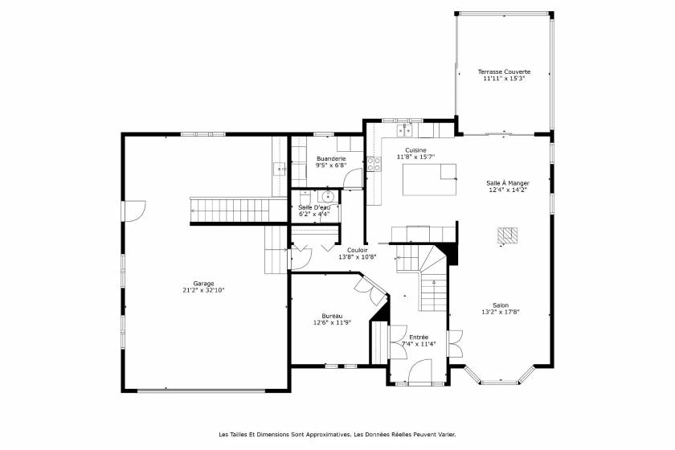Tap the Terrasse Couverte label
pyautogui.click(x=504, y=72)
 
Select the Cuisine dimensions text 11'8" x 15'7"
pyautogui.click(x=415, y=157)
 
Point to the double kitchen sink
pyautogui.click(x=404, y=129)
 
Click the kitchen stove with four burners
pyautogui.click(x=374, y=164)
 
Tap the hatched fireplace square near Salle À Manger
pyautogui.click(x=507, y=235)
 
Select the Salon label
pyautogui.click(x=500, y=305)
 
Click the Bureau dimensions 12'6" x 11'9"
pyautogui.click(x=330, y=323)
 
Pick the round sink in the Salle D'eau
pyautogui.click(x=328, y=196)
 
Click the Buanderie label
pyautogui.click(x=330, y=159)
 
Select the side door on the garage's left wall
pyautogui.click(x=130, y=211)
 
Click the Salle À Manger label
pyautogui.click(x=507, y=183)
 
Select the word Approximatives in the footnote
pyautogui.click(x=325, y=435)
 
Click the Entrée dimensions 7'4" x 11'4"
pyautogui.click(x=418, y=344)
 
